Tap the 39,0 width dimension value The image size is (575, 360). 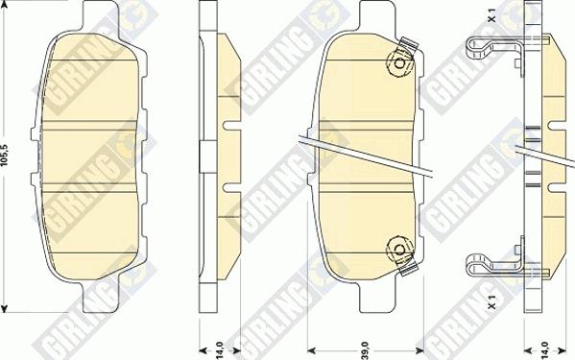coord(366,349)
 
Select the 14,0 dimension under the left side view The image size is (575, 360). coord(219,350)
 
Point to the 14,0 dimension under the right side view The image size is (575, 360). coord(544,350)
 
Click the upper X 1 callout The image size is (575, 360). coord(492,15)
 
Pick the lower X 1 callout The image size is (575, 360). coord(492,301)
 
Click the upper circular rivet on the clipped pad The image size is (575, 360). coord(399,63)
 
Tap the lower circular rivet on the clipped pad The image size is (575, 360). coord(399,251)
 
